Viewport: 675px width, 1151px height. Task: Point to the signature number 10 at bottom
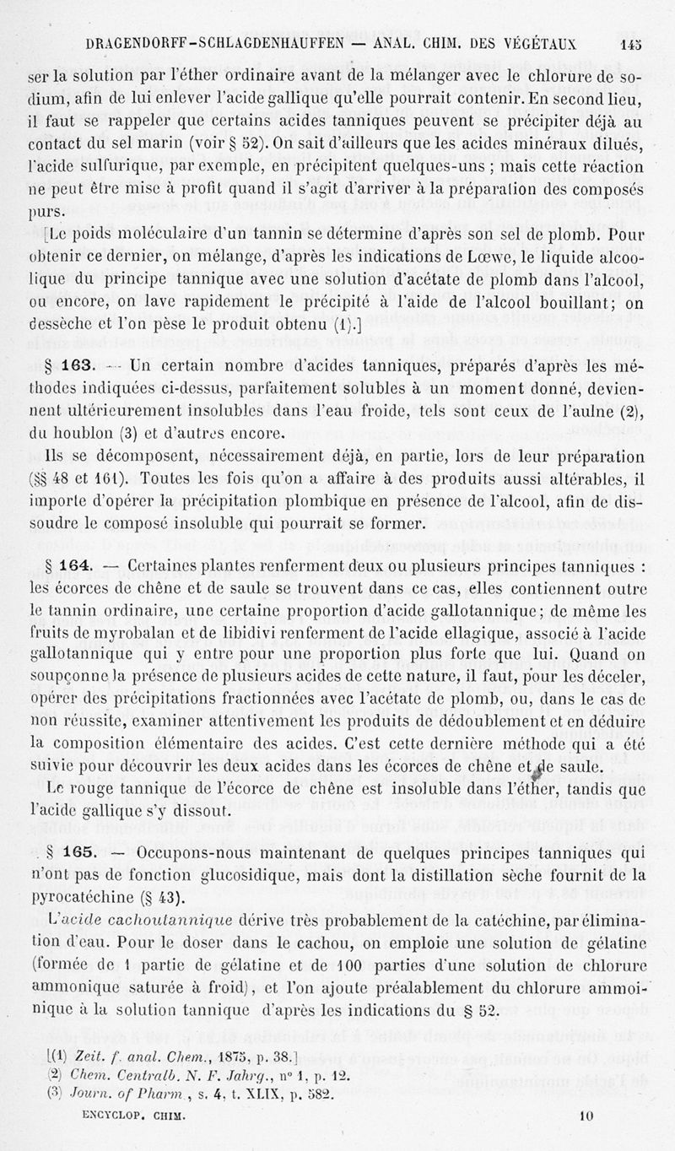tap(586, 1137)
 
